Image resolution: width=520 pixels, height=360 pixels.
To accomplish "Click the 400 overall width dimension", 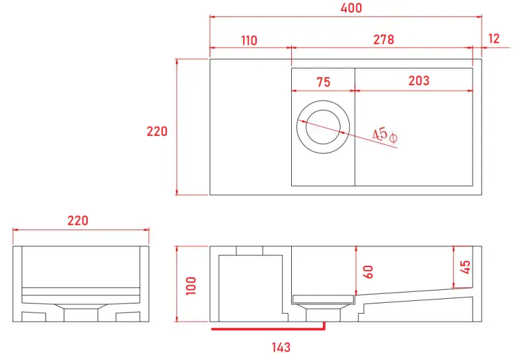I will click(346, 8).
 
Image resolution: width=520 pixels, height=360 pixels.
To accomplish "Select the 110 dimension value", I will click(249, 40).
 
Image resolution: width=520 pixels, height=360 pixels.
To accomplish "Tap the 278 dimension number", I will click(383, 40).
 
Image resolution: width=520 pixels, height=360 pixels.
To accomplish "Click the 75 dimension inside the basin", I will click(323, 82).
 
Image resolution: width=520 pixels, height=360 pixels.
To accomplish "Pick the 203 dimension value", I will click(419, 81).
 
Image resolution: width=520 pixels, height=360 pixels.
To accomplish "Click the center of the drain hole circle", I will click(324, 126).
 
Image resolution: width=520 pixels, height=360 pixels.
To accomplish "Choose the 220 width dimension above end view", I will click(78, 221).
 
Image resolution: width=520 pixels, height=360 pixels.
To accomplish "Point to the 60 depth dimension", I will click(369, 271).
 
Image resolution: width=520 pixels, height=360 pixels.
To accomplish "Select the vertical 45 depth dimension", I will click(465, 267).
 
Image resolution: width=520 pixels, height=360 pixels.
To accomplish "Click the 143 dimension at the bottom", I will click(281, 348).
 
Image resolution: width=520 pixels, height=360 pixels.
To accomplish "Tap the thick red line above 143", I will click(266, 329).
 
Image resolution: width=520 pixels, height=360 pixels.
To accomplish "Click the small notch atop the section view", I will click(250, 251).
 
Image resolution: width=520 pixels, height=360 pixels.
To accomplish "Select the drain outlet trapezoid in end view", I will click(81, 305).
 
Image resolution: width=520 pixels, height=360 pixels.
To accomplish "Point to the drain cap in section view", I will click(323, 299).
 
